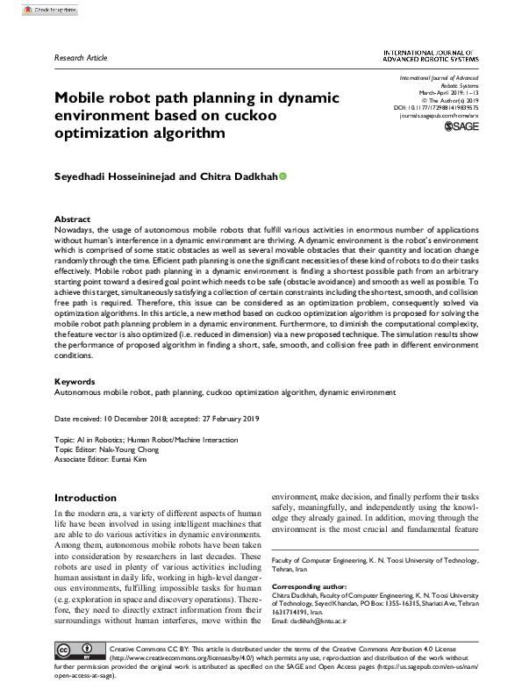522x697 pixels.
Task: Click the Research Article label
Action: tap(81, 58)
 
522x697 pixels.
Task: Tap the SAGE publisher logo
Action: tap(461, 127)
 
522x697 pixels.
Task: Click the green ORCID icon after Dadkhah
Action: tap(282, 177)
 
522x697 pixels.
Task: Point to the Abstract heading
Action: tap(72, 219)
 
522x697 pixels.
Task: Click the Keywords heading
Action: tap(75, 382)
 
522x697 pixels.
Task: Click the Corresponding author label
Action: tap(304, 585)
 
